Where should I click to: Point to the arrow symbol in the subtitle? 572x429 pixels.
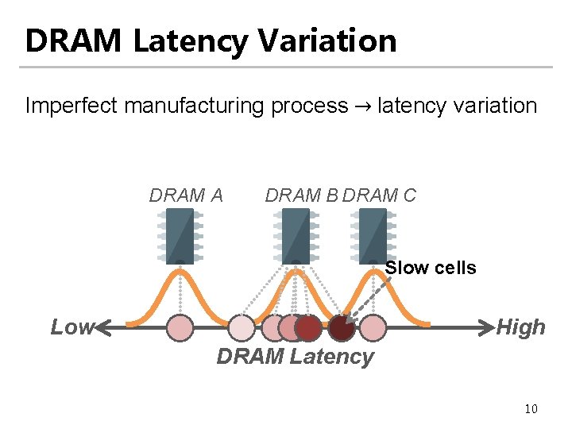click(363, 106)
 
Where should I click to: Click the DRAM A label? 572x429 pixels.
click(186, 195)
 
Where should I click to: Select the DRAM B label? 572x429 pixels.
click(302, 195)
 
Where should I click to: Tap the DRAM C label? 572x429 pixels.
click(380, 195)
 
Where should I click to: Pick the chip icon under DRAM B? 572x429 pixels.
click(296, 235)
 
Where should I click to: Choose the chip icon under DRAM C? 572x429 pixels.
click(373, 235)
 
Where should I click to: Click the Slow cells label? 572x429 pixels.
click(431, 268)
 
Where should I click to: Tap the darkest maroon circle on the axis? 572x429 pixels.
click(342, 327)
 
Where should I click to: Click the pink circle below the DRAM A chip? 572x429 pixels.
click(181, 327)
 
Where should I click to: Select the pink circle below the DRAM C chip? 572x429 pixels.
click(373, 327)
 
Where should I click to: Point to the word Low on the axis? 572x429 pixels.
click(71, 327)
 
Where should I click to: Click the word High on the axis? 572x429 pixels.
click(520, 327)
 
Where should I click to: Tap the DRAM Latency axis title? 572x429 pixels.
click(295, 357)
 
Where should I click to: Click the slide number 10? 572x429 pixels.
click(531, 409)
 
